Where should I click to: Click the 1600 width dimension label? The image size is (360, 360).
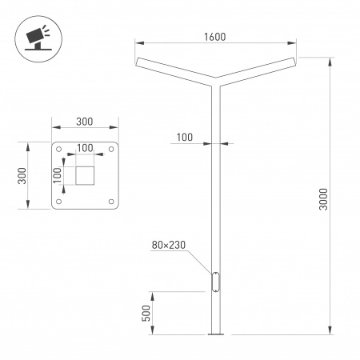(x=214, y=37)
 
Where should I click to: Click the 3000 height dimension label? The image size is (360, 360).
(x=322, y=198)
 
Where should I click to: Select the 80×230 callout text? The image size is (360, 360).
(x=168, y=246)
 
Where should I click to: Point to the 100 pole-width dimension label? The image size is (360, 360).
(x=184, y=138)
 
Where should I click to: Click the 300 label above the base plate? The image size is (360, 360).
(x=85, y=122)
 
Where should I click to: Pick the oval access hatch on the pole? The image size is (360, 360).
(x=214, y=282)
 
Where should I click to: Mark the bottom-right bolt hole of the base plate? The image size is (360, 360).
(x=110, y=200)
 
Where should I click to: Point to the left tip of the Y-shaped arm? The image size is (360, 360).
(x=138, y=62)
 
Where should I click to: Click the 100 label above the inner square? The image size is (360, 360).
(x=85, y=149)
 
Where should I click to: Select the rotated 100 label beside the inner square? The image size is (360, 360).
(x=58, y=175)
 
